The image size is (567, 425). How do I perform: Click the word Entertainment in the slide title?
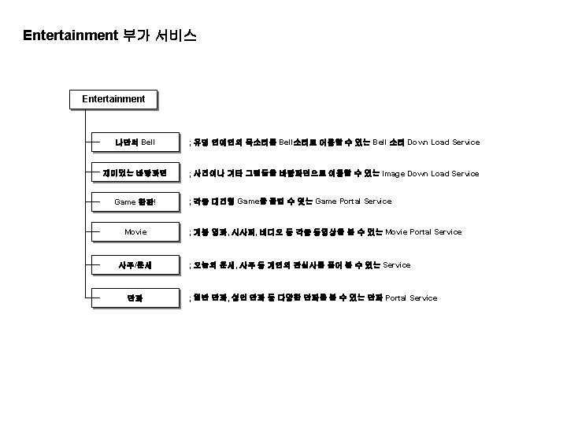coord(70,35)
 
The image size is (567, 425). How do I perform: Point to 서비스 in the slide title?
coord(178,35)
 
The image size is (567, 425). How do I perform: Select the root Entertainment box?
coord(113,99)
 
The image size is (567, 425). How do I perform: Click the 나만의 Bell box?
coord(135,142)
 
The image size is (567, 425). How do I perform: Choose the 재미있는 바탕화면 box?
coord(135,172)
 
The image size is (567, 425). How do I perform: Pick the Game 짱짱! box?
coord(135,201)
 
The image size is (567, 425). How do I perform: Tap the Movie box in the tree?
coord(135,232)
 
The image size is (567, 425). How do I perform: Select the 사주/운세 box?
coord(135,265)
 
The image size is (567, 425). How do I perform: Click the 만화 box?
coord(135,297)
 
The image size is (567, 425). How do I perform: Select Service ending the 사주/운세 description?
coord(396,265)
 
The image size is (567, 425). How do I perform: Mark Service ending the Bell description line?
coord(466,142)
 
